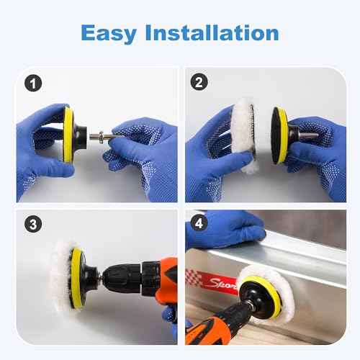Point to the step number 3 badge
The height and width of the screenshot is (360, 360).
point(30,224)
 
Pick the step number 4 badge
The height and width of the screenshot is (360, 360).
point(199,224)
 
